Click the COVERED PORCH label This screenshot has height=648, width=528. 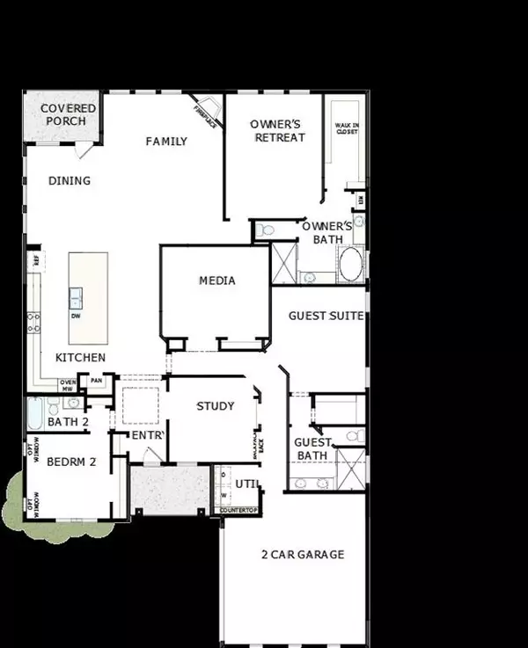coord(68,114)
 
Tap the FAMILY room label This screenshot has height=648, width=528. coord(166,141)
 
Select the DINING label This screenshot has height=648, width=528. coord(70,181)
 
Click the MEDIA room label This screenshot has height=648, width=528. coord(216,280)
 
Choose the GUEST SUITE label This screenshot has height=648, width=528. coord(326,316)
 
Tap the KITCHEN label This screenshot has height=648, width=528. coord(81,358)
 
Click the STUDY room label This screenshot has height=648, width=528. coord(215,406)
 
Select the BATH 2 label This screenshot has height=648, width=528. coord(69,422)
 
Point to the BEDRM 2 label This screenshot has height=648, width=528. coord(71,462)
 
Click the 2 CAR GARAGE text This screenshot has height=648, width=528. coord(302,555)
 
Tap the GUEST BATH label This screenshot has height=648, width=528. coord(311,449)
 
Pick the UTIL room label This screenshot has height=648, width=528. coord(246,483)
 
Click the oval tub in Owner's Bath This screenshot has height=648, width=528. coord(350,264)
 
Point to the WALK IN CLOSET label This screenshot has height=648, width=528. coord(346,128)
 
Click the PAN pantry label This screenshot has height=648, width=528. coord(97,381)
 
